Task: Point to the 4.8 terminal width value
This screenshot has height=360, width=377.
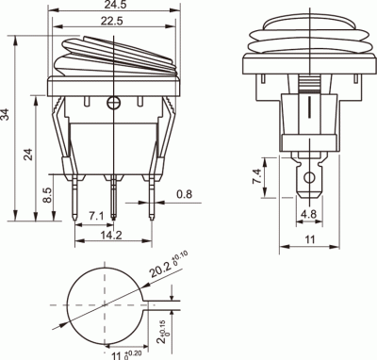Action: [308, 215]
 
